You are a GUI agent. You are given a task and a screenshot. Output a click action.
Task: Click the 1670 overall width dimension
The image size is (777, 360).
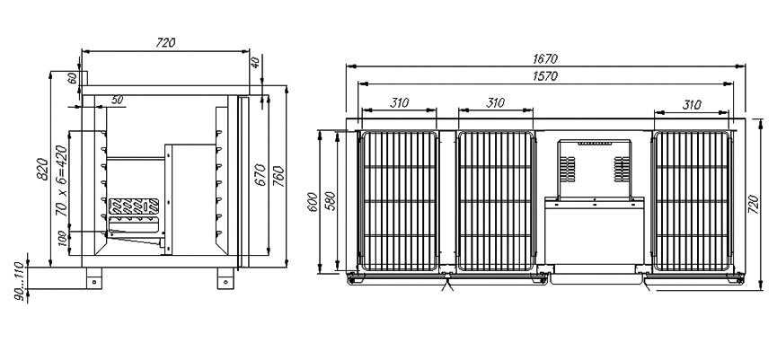[x=545, y=59]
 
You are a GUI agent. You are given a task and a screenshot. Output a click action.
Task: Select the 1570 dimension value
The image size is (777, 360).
[x=545, y=76]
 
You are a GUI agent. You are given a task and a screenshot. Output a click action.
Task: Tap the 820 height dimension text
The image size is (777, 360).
[x=42, y=169]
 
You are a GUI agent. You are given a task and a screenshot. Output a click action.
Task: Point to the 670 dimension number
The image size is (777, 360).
[x=260, y=175]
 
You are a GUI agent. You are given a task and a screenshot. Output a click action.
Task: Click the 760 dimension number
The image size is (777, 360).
[x=278, y=175]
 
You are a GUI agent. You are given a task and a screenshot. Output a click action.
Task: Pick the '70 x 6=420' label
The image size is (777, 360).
[x=61, y=181]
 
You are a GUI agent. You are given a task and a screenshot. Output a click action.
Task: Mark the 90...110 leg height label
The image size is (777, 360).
[x=20, y=281]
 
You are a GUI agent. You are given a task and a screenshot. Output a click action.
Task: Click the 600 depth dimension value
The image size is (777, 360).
[x=313, y=201]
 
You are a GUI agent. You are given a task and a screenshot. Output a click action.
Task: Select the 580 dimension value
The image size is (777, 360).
[x=331, y=201]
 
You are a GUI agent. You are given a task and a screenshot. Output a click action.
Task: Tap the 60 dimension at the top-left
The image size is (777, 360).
[x=73, y=79]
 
